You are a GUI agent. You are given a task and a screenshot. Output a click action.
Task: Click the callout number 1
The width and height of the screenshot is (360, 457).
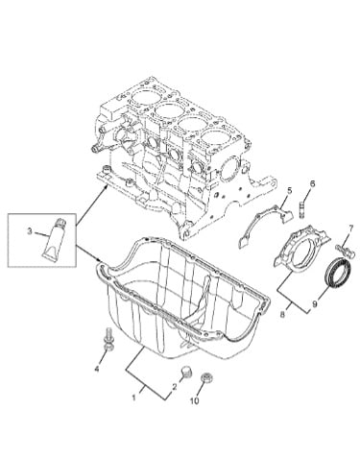pos(134,397)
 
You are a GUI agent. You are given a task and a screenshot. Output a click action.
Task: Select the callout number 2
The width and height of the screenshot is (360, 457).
pos(175,387)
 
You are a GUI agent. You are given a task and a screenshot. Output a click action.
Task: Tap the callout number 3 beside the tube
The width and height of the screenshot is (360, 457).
pos(30,231)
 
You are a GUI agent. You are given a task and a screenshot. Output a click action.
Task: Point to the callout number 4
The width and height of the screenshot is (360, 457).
pos(97,369)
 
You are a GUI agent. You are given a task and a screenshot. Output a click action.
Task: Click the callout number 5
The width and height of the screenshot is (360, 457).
pos(289,191)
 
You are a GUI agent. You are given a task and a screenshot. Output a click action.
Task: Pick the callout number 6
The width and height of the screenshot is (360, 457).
pos(312,183)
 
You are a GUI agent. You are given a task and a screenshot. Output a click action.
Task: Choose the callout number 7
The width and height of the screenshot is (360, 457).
pos(351,228)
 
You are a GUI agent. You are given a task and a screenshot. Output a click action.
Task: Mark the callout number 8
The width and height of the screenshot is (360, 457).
pos(282,315)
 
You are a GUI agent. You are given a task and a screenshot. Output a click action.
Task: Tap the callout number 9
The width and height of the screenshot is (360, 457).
pos(315,304)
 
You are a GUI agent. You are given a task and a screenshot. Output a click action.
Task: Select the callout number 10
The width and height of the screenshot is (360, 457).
pos(195,400)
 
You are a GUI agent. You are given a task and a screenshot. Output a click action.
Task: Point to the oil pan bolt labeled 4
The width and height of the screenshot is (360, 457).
pos(108,338)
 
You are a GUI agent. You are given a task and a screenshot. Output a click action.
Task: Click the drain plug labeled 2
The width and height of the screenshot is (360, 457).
pos(185,372)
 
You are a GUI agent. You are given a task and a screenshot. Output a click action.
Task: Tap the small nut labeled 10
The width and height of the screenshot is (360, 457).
pos(207,377)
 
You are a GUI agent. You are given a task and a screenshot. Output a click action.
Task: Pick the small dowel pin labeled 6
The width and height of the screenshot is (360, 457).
pos(302,208)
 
